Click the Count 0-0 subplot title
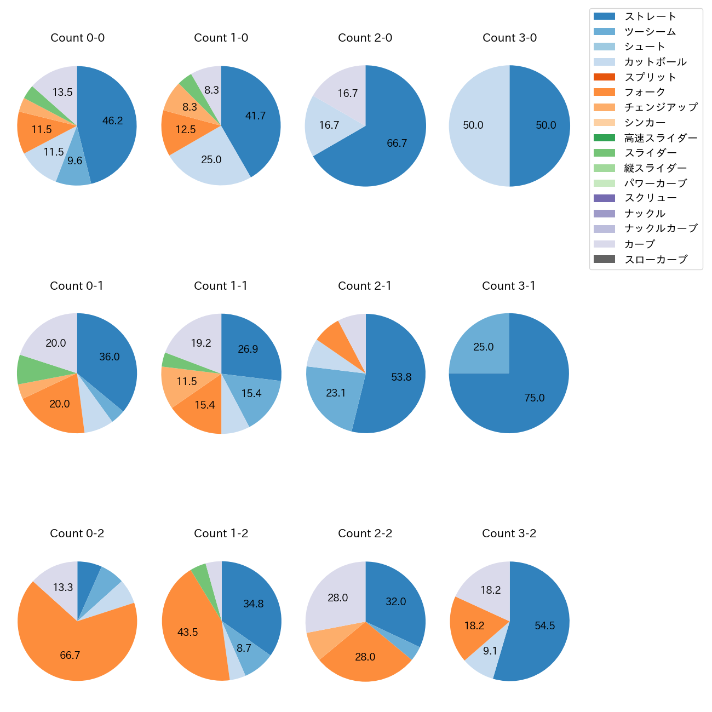77,38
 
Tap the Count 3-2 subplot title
509,533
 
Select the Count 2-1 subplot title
365,286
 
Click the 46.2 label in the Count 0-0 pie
113,121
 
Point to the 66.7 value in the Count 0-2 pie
70,655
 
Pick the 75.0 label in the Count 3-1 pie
534,398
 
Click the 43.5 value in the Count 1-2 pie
187,632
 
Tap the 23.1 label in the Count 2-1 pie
336,393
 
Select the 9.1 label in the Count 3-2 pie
490,651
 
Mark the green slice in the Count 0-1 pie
27,369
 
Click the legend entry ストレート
650,16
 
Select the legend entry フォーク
645,92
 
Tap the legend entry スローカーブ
656,260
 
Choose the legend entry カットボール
655,62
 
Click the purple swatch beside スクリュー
604,198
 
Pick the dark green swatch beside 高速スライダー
604,138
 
